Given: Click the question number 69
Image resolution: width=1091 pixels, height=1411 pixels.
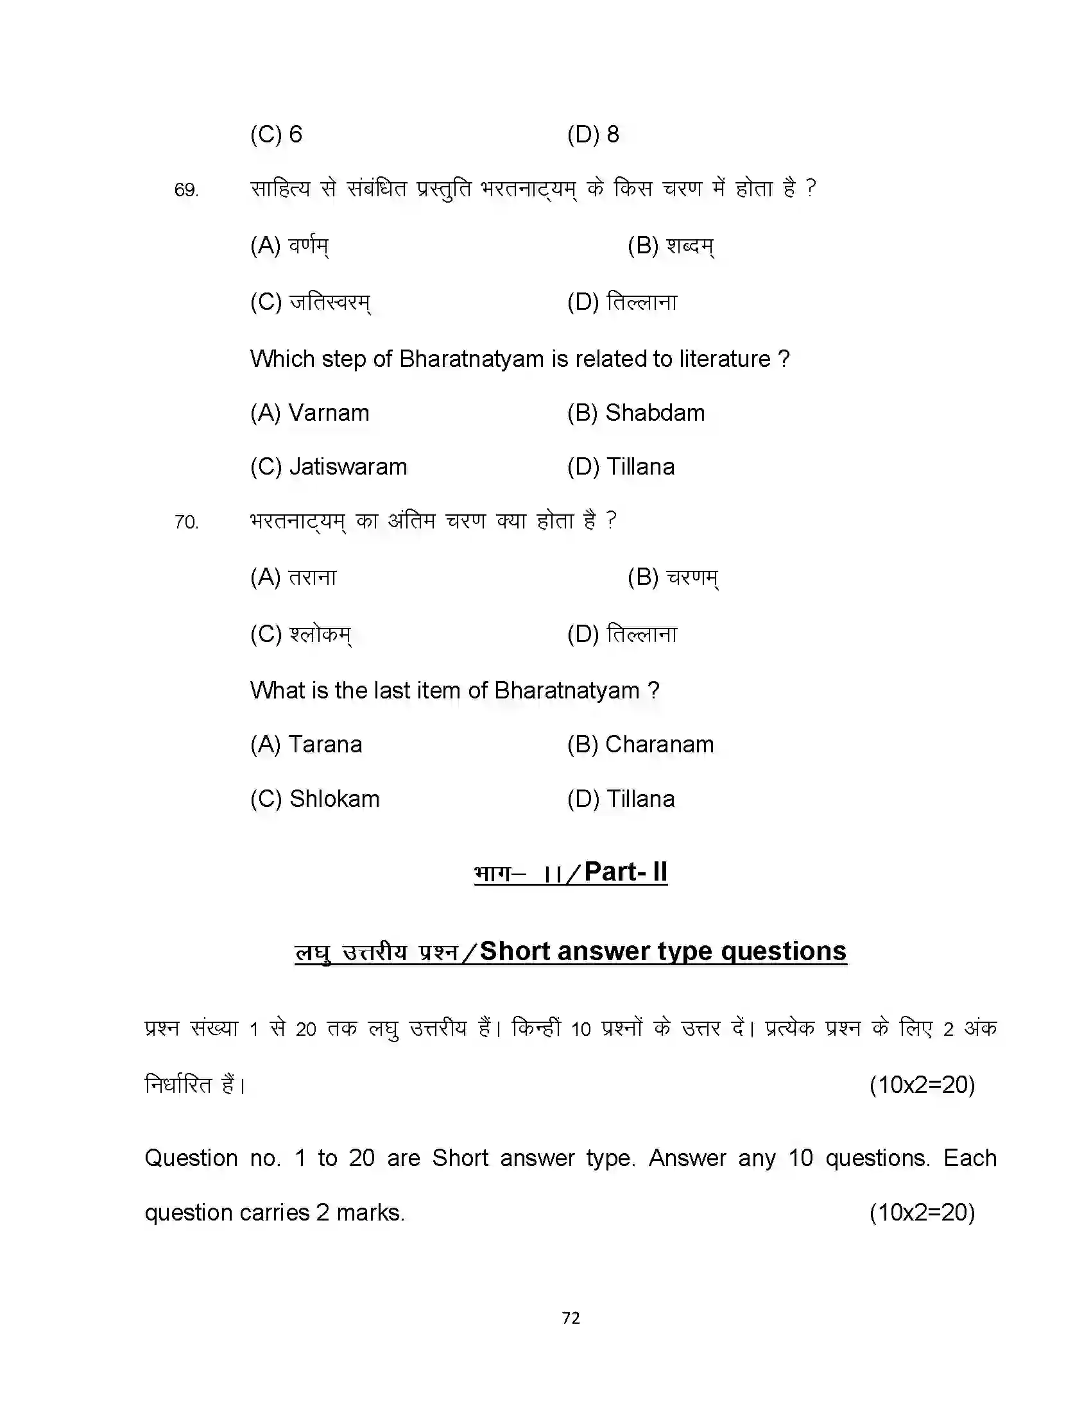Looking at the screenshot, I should coord(185,190).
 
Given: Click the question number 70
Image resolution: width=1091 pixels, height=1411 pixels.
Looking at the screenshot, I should coord(185,522).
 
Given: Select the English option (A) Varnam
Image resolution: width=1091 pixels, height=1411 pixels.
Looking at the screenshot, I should coord(309,413).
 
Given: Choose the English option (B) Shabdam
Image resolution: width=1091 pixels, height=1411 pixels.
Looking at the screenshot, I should coord(636,413).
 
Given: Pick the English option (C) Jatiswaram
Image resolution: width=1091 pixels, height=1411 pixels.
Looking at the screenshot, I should coord(329,467).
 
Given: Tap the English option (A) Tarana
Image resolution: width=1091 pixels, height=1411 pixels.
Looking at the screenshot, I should coord(305,745).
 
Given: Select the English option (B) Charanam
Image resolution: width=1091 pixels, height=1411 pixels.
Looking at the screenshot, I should coord(640,745).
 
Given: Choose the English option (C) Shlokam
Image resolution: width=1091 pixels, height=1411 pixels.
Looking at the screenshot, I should coord(314,799).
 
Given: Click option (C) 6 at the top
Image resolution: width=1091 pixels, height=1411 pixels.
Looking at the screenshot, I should coord(276,135).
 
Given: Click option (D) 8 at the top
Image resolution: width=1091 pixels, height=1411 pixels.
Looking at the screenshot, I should coord(593,135).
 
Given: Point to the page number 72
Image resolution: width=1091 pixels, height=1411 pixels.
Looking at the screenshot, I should coord(571,1318).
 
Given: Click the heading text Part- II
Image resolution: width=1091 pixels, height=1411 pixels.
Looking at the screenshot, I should coord(626,872).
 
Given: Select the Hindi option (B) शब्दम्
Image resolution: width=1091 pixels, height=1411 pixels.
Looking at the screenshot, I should coord(670,246).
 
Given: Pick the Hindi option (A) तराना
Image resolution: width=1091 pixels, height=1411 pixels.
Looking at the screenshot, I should coord(293,578).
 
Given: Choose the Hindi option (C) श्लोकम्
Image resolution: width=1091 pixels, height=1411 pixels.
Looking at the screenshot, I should coord(300,634).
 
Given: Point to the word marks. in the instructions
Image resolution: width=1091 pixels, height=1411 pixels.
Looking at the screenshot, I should coord(370,1213).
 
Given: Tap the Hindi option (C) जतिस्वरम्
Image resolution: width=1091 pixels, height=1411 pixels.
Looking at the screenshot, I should coord(310,302).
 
